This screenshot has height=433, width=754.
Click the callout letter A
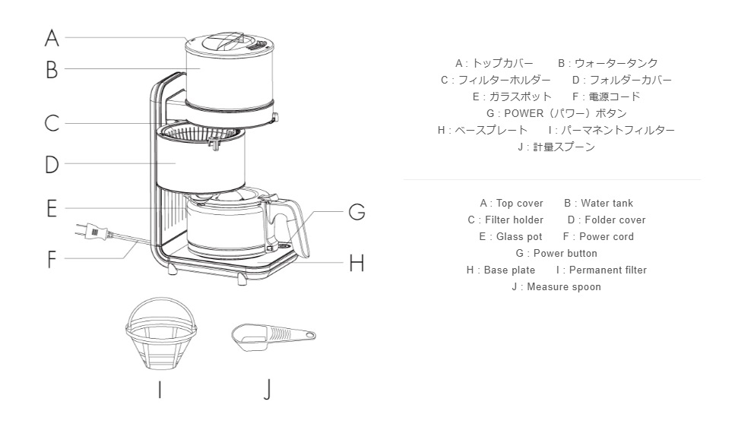[x=52, y=38]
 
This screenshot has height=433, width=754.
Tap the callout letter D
[x=52, y=164]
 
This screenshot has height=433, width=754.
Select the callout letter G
[x=356, y=212]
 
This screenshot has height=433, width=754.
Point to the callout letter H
[x=356, y=263]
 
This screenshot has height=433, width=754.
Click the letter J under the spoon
[x=268, y=389]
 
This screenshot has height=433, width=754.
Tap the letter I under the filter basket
[x=160, y=389]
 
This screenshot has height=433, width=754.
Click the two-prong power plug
[x=93, y=232]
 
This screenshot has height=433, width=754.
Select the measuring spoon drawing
[x=274, y=336]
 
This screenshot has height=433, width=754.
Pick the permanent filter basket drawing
[x=161, y=333]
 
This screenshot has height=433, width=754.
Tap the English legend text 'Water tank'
[x=607, y=204]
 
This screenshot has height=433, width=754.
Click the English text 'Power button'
[x=565, y=253]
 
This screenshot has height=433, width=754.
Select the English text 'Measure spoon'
[x=563, y=287]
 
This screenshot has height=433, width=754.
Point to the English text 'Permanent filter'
[x=608, y=270]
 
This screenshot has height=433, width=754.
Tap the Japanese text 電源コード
[x=615, y=96]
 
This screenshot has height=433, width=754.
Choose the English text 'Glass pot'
[x=519, y=237]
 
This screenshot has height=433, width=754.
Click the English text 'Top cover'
[x=519, y=204]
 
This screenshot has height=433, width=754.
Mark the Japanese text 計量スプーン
[x=563, y=147]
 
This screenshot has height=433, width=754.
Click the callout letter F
[x=52, y=260]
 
